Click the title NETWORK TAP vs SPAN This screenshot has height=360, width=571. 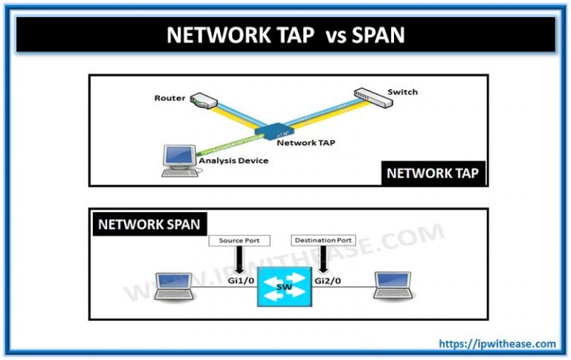click(285, 35)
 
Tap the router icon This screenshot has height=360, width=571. click(201, 100)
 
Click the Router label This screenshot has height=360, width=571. click(170, 98)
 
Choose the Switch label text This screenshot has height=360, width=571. click(402, 92)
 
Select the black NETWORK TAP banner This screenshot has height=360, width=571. click(432, 173)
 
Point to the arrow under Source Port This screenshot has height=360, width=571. click(239, 260)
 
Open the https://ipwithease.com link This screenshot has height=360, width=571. click(497, 344)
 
